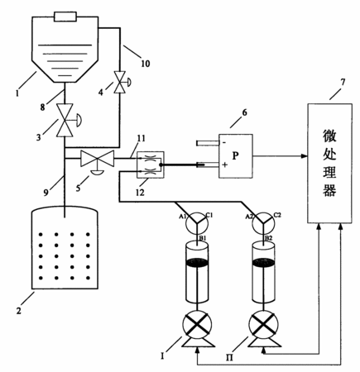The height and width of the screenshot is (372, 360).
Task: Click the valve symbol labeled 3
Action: click(65, 120)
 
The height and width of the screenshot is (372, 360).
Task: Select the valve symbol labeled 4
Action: click(120, 82)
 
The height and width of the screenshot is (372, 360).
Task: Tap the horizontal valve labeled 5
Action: click(98, 159)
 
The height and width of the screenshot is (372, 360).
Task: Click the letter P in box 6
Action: click(235, 156)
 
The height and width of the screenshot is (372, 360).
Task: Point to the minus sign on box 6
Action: click(224, 142)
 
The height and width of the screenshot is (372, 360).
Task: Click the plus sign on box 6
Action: click(225, 165)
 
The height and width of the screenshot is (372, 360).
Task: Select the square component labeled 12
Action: click(151, 165)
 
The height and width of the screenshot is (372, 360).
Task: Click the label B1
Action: click(203, 238)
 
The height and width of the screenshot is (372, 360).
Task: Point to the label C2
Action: click(277, 215)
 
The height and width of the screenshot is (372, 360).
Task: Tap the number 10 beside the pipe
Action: click(146, 64)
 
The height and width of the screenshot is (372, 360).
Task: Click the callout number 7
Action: click(343, 82)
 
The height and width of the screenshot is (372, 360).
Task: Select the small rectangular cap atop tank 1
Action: click(65, 17)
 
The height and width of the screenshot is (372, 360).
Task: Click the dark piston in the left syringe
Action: click(197, 262)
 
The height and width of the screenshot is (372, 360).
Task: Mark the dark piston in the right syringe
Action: click(263, 262)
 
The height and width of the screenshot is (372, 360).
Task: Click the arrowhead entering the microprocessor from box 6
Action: click(305, 156)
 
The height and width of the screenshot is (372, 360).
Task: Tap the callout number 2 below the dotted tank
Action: click(18, 311)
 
